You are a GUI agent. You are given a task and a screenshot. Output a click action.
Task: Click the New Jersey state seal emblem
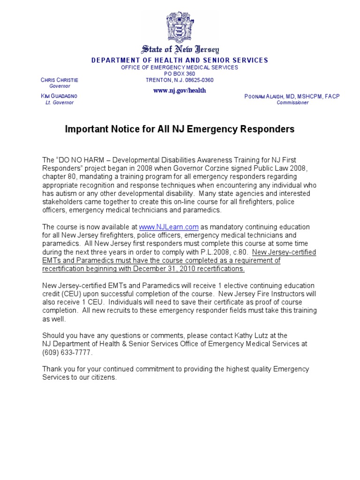click(x=180, y=28)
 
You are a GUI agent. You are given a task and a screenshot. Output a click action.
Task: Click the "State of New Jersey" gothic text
click(x=180, y=50)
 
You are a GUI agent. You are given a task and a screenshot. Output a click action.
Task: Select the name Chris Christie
click(x=60, y=80)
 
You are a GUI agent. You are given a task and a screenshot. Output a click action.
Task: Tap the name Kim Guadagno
click(x=60, y=96)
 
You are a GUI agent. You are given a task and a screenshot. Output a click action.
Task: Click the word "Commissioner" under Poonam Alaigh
click(x=292, y=103)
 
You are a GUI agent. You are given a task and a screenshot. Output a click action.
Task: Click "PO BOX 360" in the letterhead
click(x=180, y=74)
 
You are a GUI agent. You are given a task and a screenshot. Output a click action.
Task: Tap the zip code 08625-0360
click(x=199, y=80)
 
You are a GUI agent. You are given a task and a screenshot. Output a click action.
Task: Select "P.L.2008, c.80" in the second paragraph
click(x=225, y=252)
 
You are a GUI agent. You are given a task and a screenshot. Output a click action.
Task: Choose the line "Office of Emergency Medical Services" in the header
click(x=180, y=67)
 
